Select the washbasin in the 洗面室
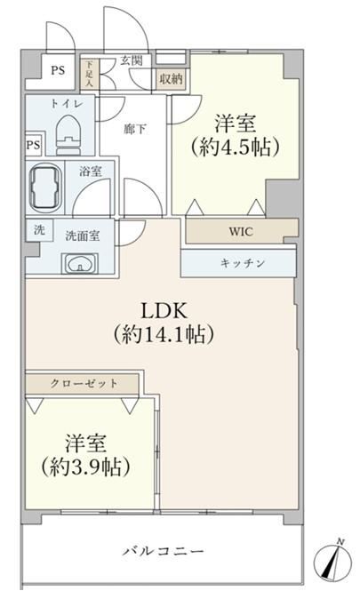[x=80, y=263]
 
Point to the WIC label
[x=241, y=231]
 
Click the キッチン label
[x=243, y=263]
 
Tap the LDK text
[x=164, y=311]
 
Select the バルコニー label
[x=164, y=552]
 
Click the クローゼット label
[x=84, y=383]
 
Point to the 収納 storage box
[x=172, y=79]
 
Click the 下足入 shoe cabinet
[x=90, y=73]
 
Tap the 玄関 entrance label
[x=132, y=60]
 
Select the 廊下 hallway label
[x=135, y=129]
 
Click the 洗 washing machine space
[x=39, y=229]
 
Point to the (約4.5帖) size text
[x=235, y=147]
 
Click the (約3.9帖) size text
[x=85, y=467]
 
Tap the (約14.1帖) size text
[x=164, y=334]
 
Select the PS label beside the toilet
[x=33, y=144]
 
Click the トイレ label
[x=66, y=104]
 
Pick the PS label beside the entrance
[x=58, y=70]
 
